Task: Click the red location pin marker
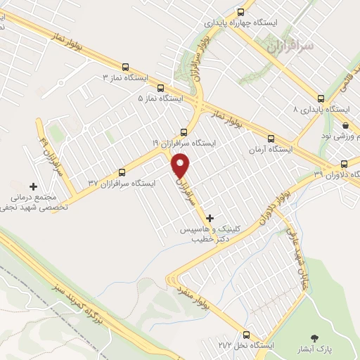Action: [181, 165]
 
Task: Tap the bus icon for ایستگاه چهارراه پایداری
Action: [241, 12]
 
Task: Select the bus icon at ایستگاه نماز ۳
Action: [125, 67]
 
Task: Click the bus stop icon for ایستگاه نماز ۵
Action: [160, 89]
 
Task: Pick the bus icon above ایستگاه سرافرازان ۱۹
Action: [184, 131]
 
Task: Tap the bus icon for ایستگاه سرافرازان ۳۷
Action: [122, 172]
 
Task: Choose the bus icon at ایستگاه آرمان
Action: [271, 139]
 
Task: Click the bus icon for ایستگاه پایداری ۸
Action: [321, 98]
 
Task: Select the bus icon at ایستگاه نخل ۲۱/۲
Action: [245, 335]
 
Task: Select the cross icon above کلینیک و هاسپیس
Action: [209, 218]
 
